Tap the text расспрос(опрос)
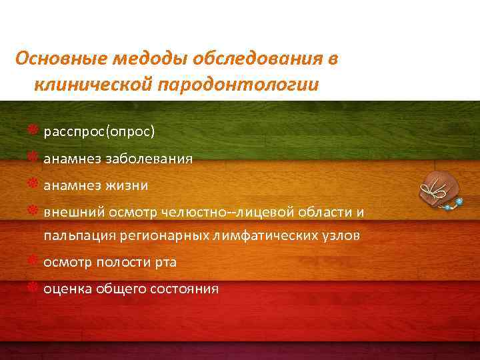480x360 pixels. pyautogui.click(x=99, y=131)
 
